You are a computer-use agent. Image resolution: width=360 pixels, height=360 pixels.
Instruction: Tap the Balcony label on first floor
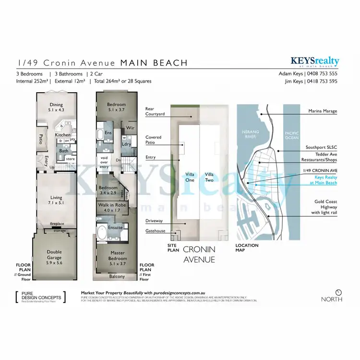pos(117,276)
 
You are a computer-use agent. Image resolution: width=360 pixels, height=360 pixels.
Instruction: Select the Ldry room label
pos(127,144)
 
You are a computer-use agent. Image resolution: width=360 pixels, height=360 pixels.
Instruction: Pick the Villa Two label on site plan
pos(209,177)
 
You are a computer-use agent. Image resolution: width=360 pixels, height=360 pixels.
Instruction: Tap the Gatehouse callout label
pos(155,231)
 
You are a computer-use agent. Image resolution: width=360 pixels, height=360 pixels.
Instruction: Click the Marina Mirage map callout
pos(324,111)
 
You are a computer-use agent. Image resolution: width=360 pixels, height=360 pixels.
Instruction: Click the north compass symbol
pos(339,292)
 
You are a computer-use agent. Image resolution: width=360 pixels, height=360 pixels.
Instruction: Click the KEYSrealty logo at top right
pos(314,62)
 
